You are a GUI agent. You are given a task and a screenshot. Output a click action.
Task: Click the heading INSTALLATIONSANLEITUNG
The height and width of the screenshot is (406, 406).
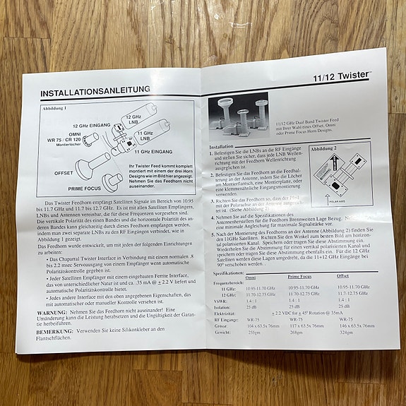click(95, 92)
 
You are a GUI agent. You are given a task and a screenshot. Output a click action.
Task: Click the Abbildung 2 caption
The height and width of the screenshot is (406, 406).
click(325, 149)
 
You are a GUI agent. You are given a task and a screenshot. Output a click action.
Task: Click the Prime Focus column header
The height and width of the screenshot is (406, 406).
click(305, 278)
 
